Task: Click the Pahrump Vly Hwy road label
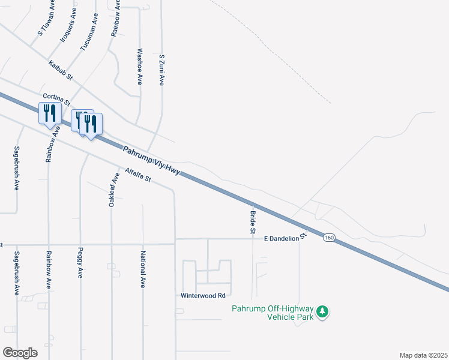point(151,161)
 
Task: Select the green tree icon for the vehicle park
point(323,311)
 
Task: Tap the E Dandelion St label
point(285,238)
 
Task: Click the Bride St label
point(253,222)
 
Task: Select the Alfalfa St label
point(137,175)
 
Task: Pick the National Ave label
point(143,269)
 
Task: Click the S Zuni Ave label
point(161,69)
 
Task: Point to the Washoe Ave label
point(140,66)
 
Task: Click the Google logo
point(20,352)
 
